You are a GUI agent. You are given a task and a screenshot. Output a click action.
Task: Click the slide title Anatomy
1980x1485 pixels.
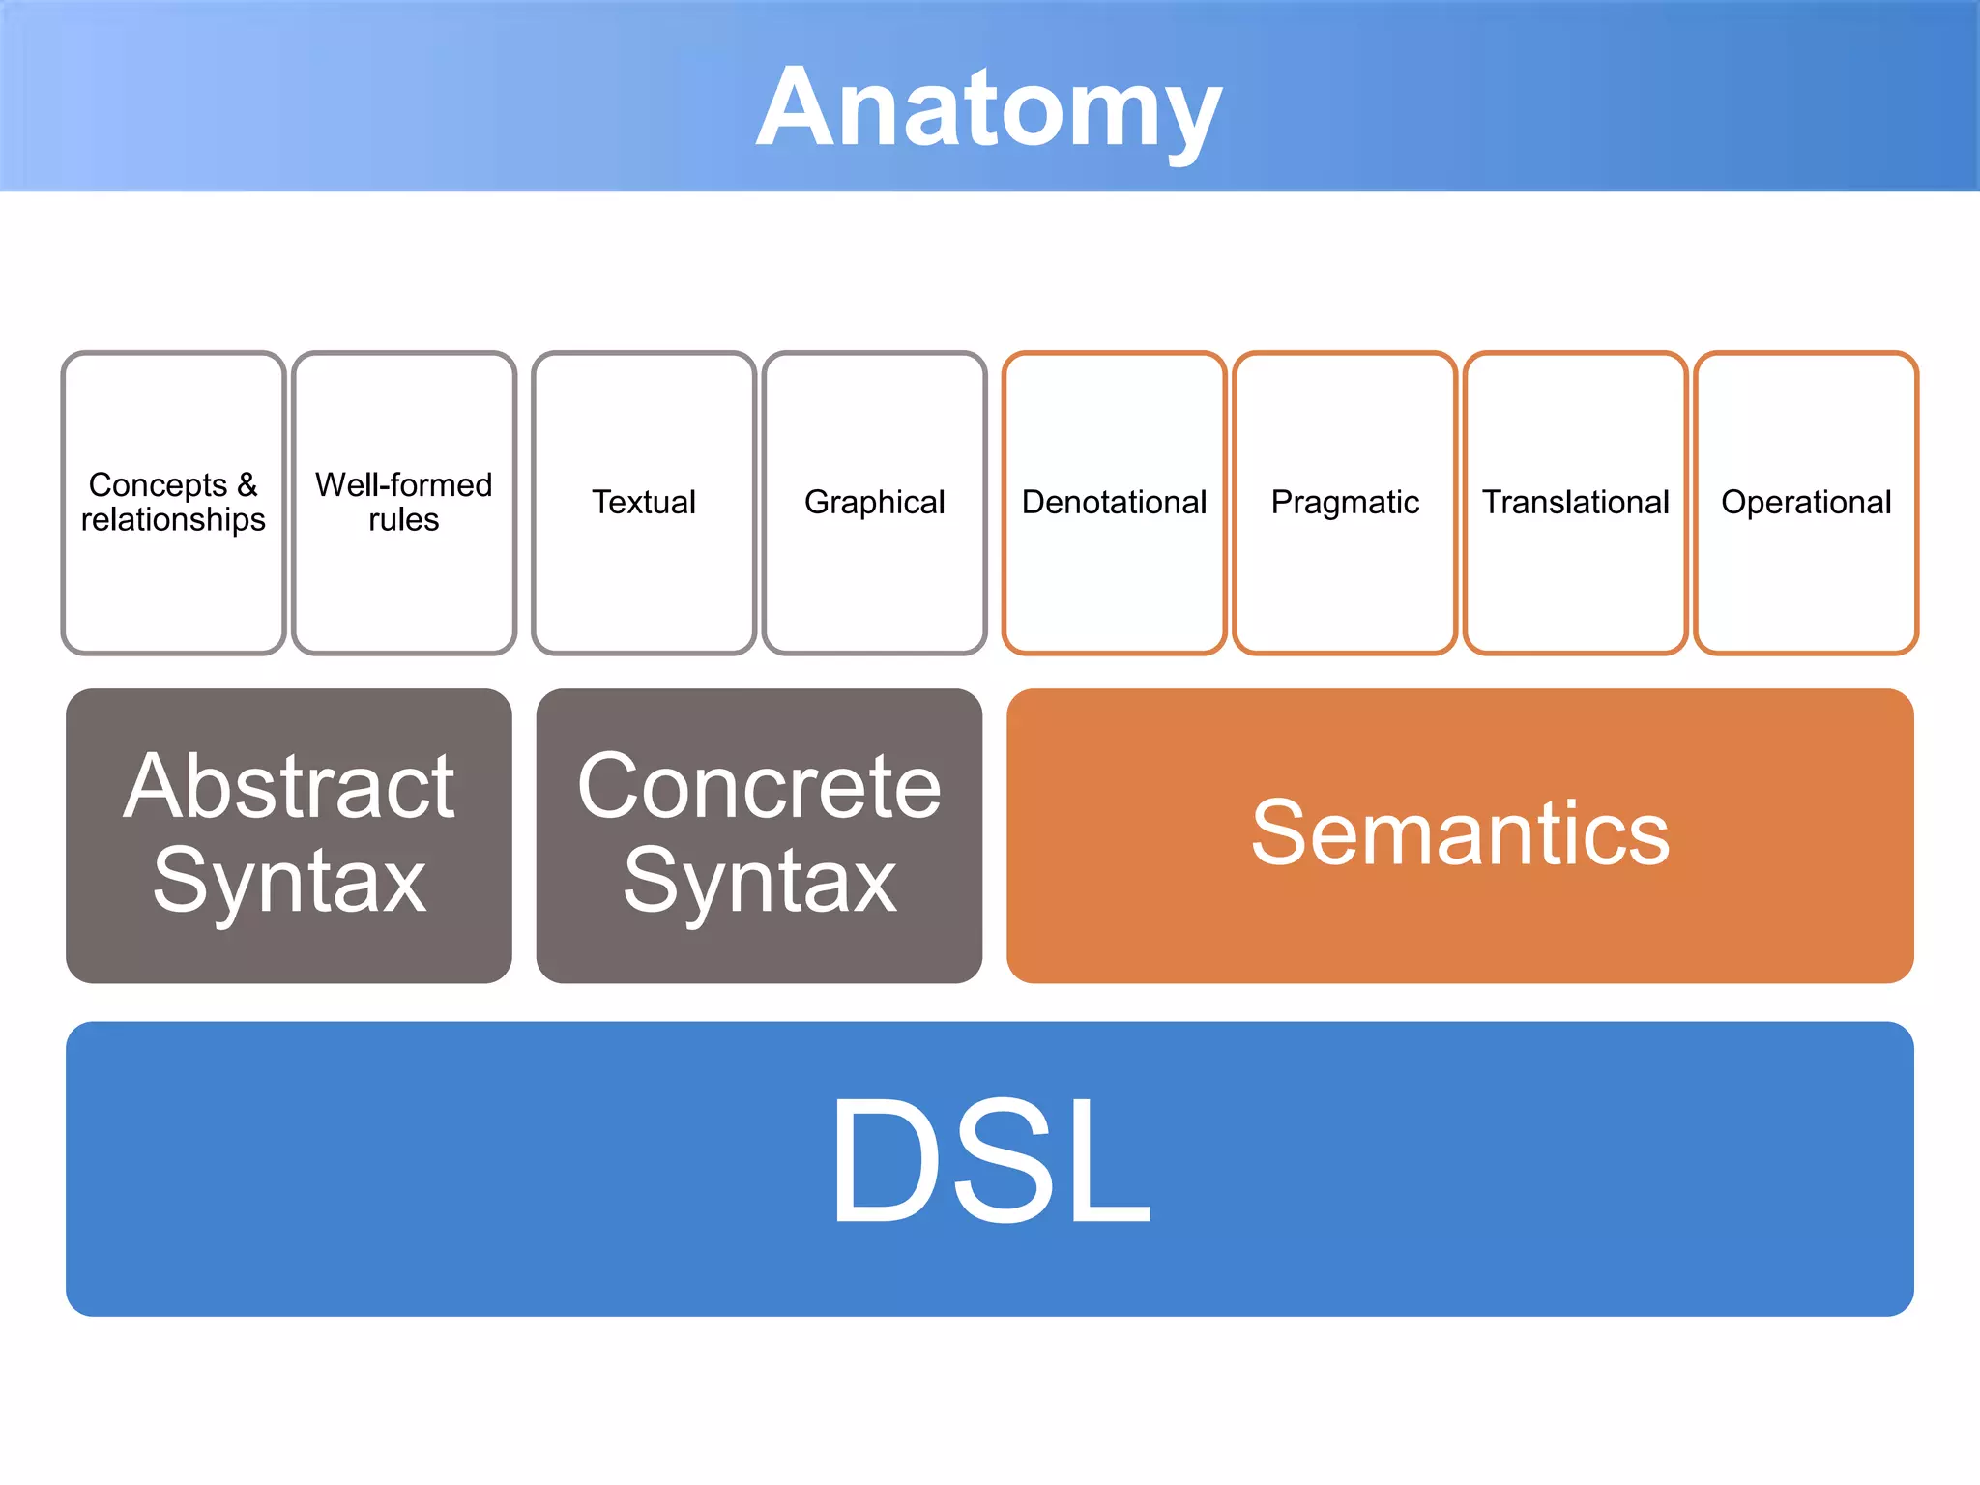(989, 108)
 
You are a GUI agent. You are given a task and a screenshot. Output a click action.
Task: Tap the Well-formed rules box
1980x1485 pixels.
(403, 580)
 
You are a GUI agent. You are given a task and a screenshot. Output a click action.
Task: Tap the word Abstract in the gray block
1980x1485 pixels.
(288, 787)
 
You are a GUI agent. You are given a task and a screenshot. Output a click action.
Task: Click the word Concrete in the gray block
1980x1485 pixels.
(759, 787)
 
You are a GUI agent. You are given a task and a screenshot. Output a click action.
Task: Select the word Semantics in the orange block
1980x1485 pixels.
(1460, 833)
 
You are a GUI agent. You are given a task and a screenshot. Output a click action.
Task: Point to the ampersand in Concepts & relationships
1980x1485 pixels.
(247, 484)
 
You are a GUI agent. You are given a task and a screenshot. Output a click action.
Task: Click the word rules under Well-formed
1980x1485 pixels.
(403, 520)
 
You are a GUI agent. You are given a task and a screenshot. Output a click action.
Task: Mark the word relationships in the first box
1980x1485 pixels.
(173, 520)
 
